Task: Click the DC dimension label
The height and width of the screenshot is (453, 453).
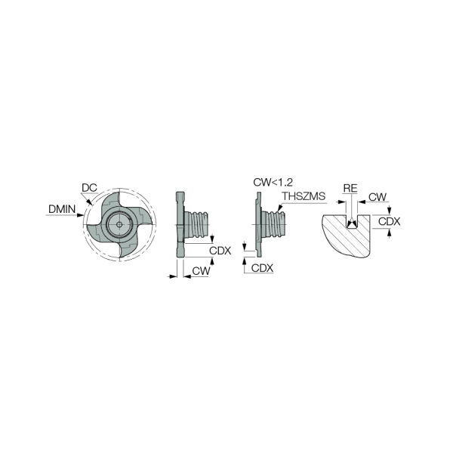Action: [x=88, y=188]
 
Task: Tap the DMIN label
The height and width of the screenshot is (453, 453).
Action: [x=62, y=208]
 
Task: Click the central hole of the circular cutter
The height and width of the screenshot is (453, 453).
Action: [x=119, y=224]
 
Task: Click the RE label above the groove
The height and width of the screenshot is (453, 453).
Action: [x=350, y=187]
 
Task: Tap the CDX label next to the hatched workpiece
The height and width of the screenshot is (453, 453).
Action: [x=389, y=221]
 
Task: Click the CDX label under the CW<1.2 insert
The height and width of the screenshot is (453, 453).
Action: [x=262, y=267]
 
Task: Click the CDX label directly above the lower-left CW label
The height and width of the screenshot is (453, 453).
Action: [x=220, y=251]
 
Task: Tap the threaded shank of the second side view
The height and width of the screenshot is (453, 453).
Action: [x=200, y=225]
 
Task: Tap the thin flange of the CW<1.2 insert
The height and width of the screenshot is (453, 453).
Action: [x=257, y=224]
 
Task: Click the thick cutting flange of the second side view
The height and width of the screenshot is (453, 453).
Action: [x=181, y=226]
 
